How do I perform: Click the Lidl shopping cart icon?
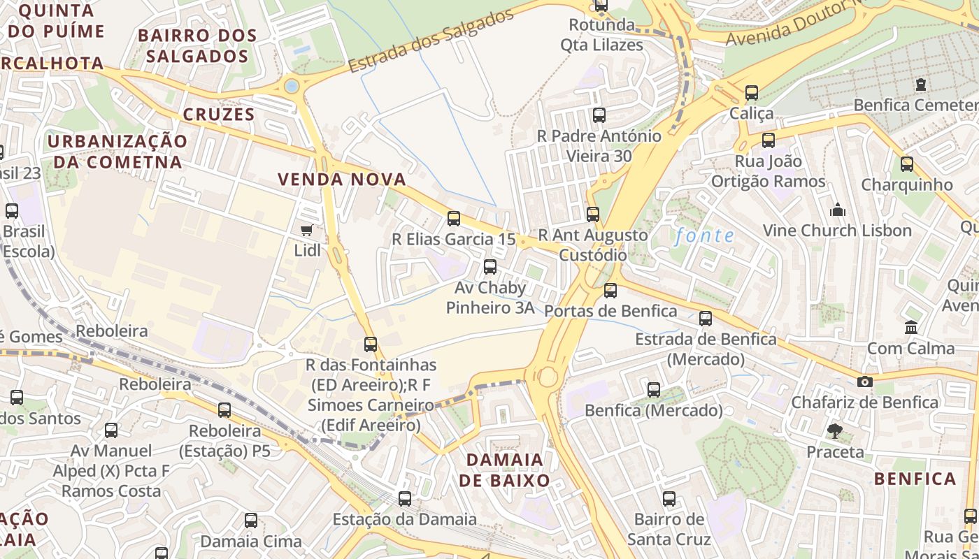[x=306, y=230]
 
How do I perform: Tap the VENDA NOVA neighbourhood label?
[x=342, y=180]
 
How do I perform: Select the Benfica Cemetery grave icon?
[x=920, y=85]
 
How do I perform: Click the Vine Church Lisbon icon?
[x=837, y=210]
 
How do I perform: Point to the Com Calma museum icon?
[x=910, y=327]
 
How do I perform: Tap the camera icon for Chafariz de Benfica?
[x=865, y=382]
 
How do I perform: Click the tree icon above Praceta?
[x=834, y=430]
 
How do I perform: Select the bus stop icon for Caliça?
[x=752, y=92]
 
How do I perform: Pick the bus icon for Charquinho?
[x=907, y=164]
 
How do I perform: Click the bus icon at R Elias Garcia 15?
[x=454, y=219]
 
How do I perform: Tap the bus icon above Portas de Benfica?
[x=610, y=290]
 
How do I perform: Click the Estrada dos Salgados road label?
[x=431, y=41]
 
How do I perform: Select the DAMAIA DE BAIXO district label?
[x=504, y=470]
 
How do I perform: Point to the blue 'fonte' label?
[x=705, y=235]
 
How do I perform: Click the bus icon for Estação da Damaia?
[x=405, y=498]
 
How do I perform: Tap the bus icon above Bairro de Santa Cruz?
[x=669, y=498]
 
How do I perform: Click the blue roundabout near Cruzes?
[x=292, y=86]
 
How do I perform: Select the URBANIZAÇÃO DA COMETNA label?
[x=117, y=152]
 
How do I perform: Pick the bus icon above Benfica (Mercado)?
[x=654, y=389]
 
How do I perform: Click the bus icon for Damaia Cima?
[x=251, y=520]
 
